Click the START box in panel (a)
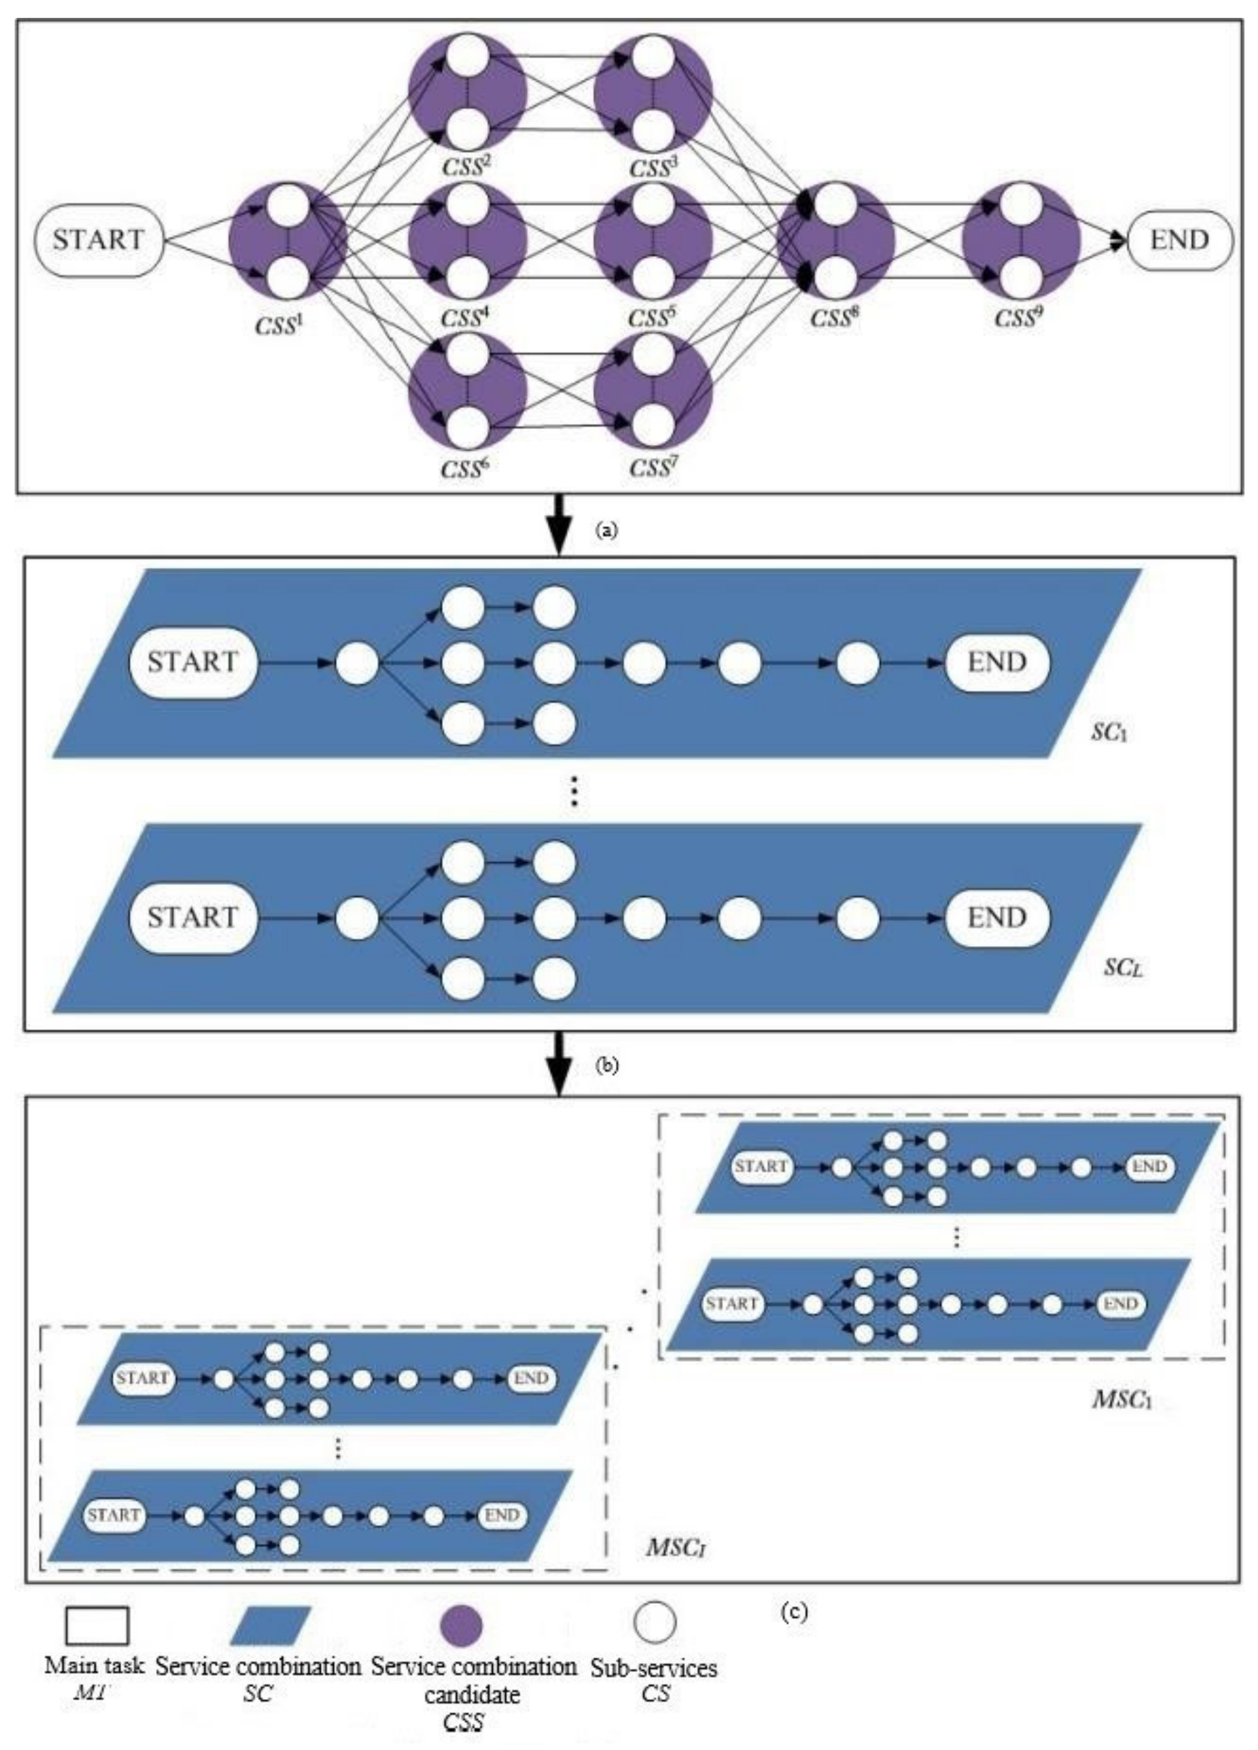click(x=99, y=240)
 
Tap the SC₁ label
click(x=1109, y=732)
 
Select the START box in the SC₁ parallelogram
click(x=192, y=662)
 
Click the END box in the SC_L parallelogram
click(x=997, y=917)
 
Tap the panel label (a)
click(x=608, y=529)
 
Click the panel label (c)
click(x=795, y=1612)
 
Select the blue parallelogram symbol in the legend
click(x=271, y=1626)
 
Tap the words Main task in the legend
click(x=94, y=1665)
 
